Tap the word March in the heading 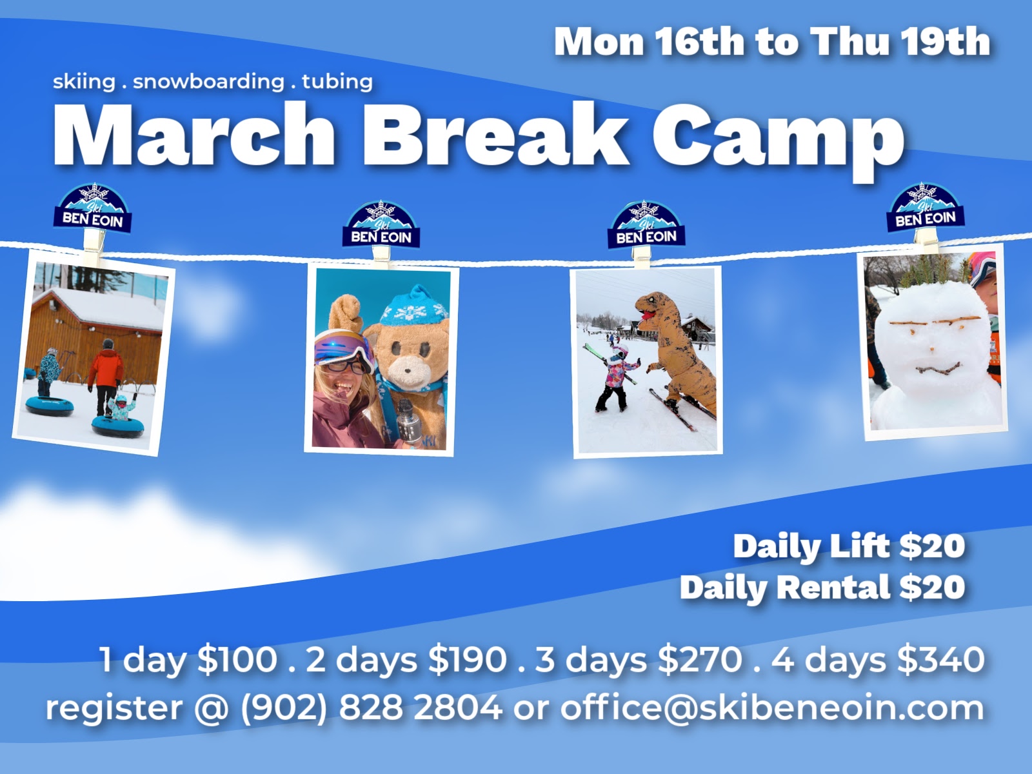tap(193, 134)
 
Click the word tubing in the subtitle tap(337, 81)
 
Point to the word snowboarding tap(209, 81)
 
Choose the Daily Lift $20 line tap(849, 547)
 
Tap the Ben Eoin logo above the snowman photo tap(926, 208)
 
